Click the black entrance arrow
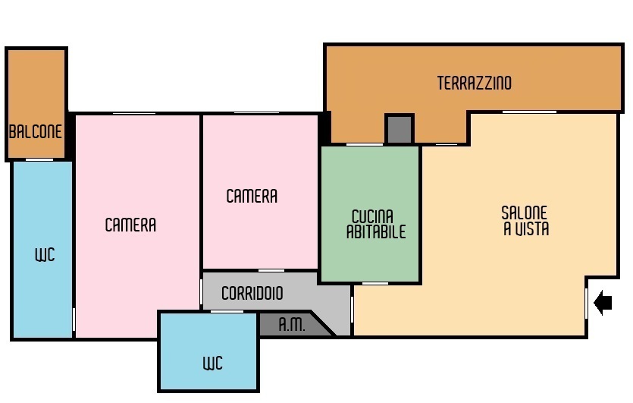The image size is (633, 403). click(x=603, y=302)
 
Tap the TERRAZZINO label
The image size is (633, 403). click(x=475, y=83)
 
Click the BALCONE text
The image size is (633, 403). click(x=36, y=131)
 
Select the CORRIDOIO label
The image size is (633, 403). click(x=252, y=293)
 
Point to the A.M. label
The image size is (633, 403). click(x=292, y=324)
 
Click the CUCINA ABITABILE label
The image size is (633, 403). click(x=376, y=224)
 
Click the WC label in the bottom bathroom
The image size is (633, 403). click(x=213, y=363)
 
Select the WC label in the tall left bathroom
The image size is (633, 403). click(x=45, y=255)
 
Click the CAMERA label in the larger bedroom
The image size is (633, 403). click(x=130, y=225)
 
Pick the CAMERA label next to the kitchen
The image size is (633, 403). click(x=252, y=196)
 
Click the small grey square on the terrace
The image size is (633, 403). click(x=400, y=129)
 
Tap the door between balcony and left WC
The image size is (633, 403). click(x=39, y=159)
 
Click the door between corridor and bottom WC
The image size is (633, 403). click(x=227, y=311)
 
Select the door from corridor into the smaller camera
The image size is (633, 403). click(x=271, y=270)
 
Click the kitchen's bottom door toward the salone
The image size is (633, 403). click(x=375, y=283)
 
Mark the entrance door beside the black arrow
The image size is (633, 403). click(x=586, y=303)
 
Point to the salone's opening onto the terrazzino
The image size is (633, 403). click(x=529, y=112)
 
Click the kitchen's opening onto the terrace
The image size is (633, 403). click(x=365, y=144)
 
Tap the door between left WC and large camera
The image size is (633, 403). click(x=74, y=320)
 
